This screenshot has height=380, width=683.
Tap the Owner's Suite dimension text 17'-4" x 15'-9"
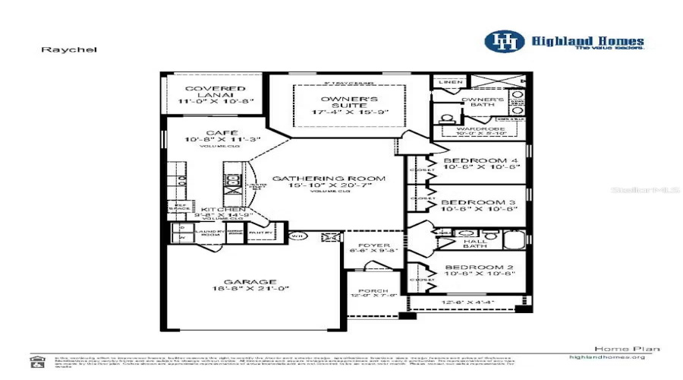[x=350, y=112]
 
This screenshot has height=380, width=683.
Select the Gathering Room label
[x=329, y=179]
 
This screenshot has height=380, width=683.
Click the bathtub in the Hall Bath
[x=515, y=242]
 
